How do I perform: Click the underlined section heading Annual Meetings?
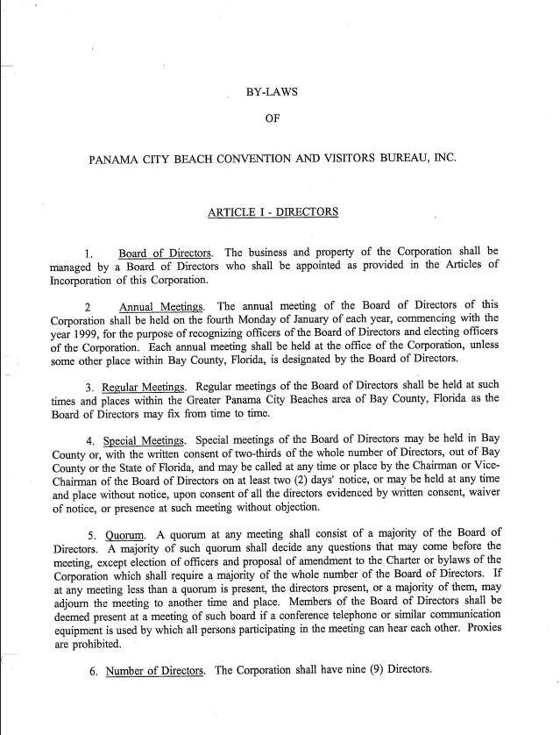click(162, 307)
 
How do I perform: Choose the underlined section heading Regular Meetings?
click(144, 387)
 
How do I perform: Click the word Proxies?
click(525, 628)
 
